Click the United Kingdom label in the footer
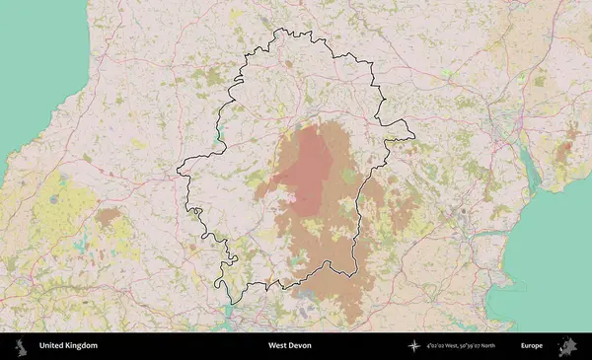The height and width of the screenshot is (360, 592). [x=68, y=346]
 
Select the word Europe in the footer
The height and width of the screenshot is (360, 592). [x=532, y=346]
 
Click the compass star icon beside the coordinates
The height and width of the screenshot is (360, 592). [x=414, y=346]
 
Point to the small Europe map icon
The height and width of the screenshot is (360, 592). [x=567, y=346]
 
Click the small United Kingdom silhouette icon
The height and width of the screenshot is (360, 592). [x=20, y=346]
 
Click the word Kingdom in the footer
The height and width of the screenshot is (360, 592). [x=81, y=346]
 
